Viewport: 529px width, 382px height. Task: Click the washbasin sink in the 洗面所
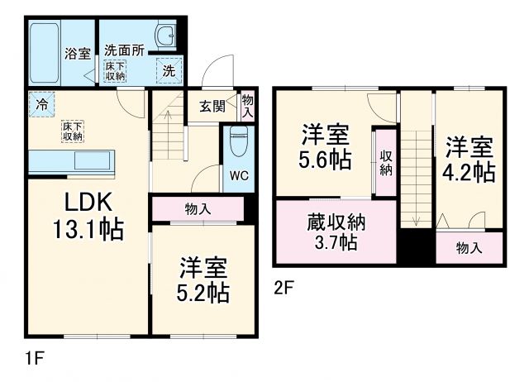[x=165, y=36]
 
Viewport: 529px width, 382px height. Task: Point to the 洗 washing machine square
[x=169, y=71]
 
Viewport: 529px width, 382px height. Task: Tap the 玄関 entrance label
[x=212, y=106]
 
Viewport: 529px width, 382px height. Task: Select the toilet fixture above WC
[x=237, y=141]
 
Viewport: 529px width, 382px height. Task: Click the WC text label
[x=238, y=175]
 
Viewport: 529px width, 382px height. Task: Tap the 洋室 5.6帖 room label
[x=324, y=146]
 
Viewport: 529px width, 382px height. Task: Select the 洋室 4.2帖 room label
[x=470, y=160]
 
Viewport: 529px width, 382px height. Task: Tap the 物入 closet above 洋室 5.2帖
[x=197, y=209]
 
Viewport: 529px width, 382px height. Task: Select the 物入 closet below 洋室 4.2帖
[x=469, y=247]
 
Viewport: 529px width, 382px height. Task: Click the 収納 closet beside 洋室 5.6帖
[x=386, y=162]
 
